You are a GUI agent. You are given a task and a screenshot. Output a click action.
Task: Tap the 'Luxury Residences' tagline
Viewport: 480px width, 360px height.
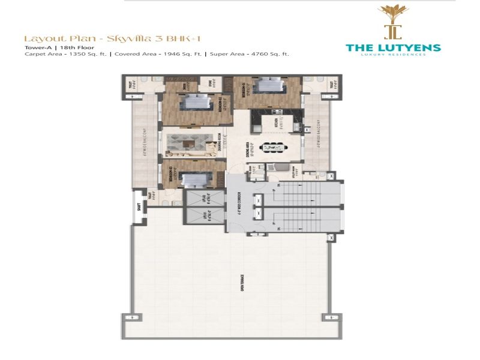click(394, 55)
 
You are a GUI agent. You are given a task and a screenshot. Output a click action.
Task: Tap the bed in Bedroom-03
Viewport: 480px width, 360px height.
click(193, 179)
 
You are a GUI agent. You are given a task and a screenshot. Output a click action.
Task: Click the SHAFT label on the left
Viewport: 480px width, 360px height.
click(139, 208)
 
